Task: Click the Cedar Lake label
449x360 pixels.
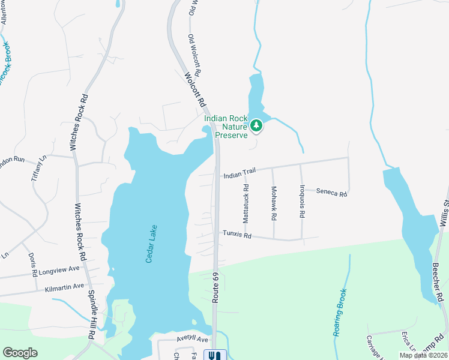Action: click(x=151, y=243)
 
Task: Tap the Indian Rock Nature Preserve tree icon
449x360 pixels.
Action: click(x=257, y=125)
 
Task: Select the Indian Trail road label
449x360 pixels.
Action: click(x=240, y=173)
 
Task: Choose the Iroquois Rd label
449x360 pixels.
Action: click(x=302, y=201)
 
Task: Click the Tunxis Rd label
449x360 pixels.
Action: click(x=237, y=235)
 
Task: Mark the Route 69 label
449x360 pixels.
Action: click(x=215, y=289)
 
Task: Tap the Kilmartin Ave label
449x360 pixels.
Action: click(x=65, y=288)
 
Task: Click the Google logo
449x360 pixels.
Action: click(x=20, y=353)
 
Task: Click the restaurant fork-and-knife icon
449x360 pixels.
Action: click(x=215, y=355)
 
